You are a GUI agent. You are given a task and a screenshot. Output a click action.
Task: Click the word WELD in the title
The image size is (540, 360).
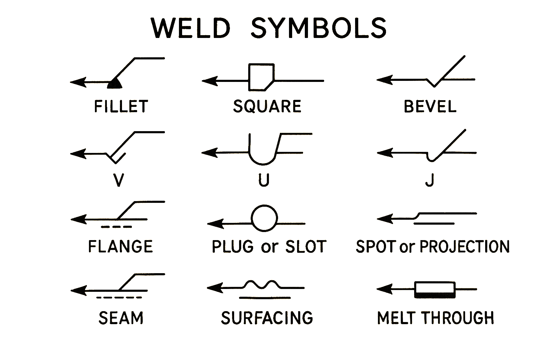coord(191,28)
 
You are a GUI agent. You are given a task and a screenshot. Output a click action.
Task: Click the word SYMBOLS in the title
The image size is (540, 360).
coord(319,28)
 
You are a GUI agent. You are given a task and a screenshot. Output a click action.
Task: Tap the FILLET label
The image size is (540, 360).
coord(121,106)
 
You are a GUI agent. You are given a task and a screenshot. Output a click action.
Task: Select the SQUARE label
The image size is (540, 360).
coord(267,106)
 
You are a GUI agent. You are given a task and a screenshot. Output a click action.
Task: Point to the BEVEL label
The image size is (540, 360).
coord(430,106)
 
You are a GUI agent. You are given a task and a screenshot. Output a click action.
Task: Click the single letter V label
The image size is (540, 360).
coord(119,180)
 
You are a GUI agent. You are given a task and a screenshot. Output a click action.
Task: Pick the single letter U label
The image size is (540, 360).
coord(264,180)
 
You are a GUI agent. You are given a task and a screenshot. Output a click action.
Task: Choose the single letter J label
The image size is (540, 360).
coord(430,180)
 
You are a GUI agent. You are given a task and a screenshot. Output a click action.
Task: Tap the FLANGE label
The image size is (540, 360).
coord(120,246)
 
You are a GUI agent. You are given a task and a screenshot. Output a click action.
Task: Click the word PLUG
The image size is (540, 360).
coord(232,246)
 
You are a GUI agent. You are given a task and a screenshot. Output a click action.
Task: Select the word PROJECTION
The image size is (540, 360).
coord(465,246)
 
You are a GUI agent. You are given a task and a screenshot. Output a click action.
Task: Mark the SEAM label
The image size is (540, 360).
coord(121,318)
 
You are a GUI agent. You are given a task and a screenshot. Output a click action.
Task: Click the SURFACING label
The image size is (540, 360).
coord(267,318)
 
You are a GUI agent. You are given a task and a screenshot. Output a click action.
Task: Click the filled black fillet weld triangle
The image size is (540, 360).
coord(115,84)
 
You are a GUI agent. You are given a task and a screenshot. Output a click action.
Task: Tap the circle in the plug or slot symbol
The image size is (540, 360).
coord(264,218)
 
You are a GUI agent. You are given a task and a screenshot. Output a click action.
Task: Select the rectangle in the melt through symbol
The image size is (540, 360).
coord(435,290)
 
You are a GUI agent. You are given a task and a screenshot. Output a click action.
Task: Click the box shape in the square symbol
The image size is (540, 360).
coord(261,77)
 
